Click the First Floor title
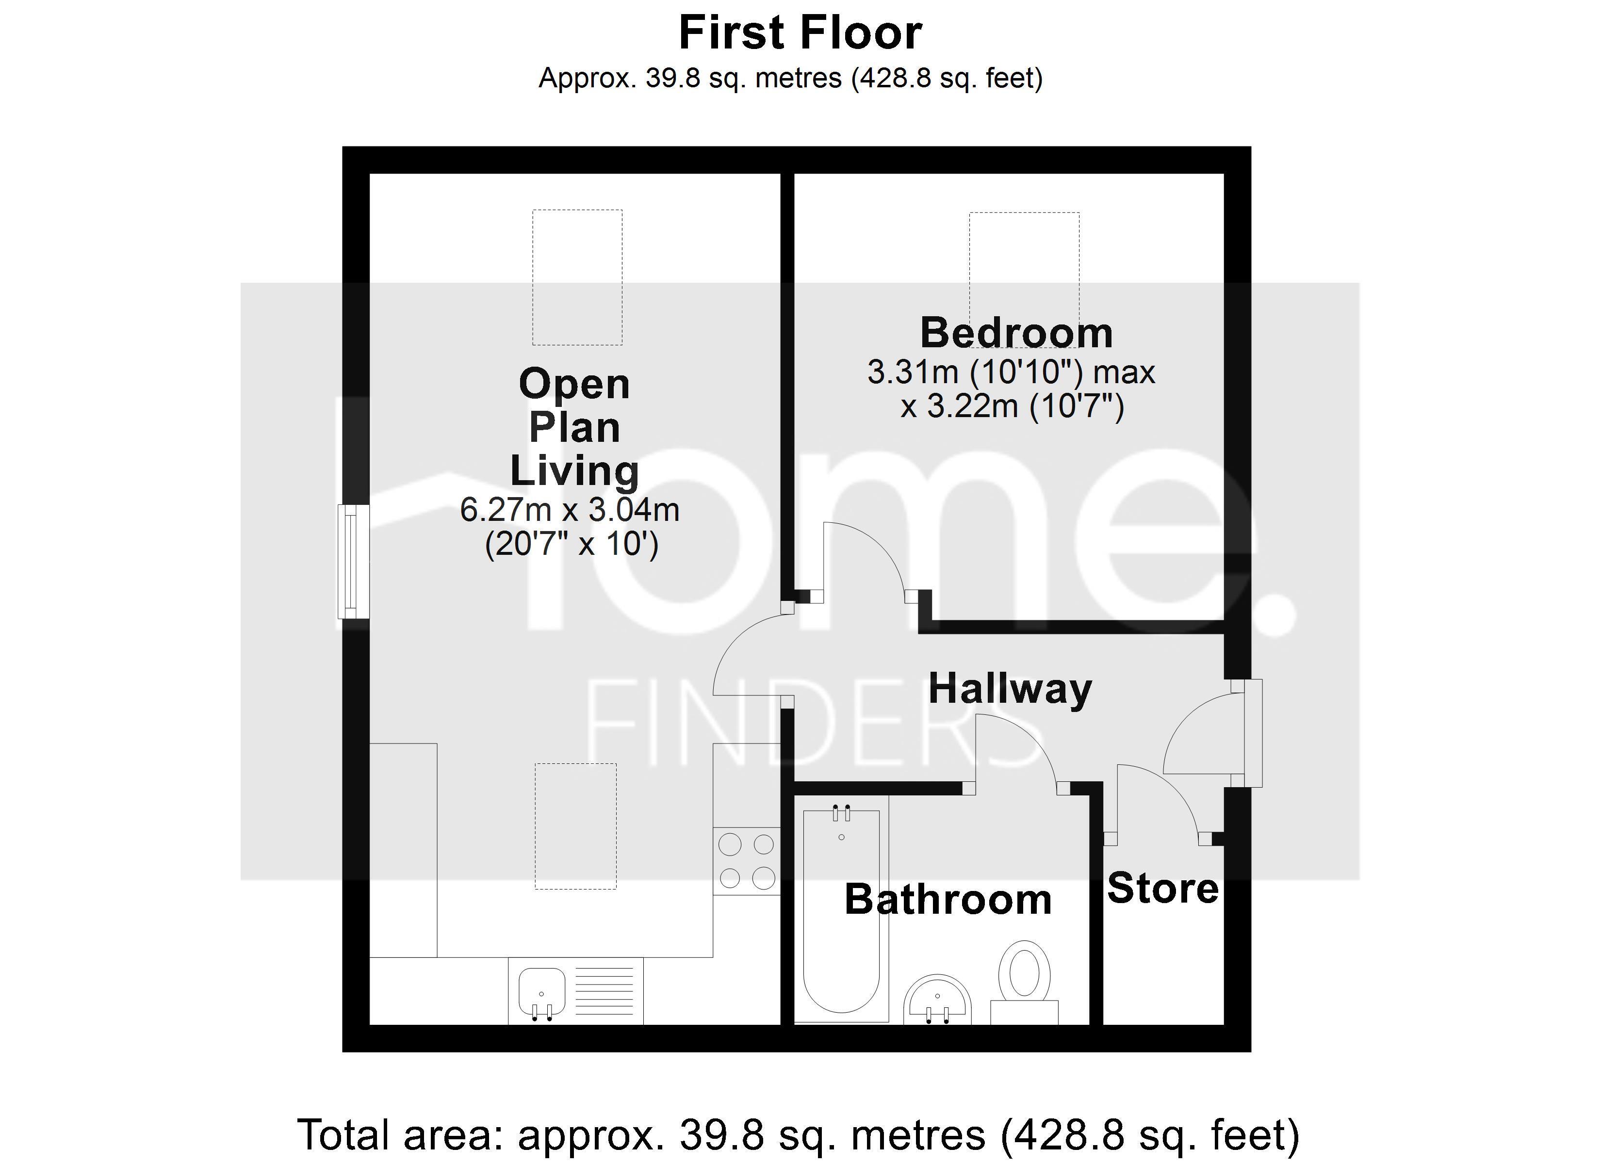800,32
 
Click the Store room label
1162,888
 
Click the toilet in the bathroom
1025,982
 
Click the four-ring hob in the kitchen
747,861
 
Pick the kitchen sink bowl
542,992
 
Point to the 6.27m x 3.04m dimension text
570,510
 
